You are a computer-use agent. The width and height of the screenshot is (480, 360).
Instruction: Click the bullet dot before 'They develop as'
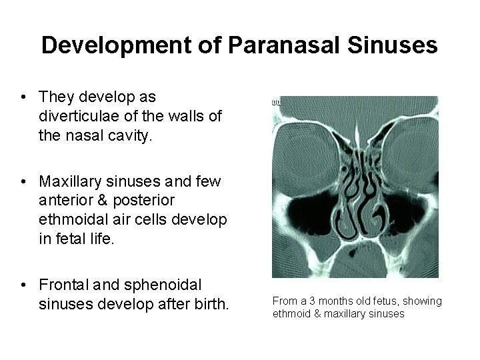[x=23, y=97]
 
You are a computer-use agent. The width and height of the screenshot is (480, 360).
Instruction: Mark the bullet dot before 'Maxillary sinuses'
[x=23, y=181]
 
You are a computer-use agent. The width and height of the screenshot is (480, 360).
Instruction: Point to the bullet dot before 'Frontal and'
[x=23, y=285]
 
